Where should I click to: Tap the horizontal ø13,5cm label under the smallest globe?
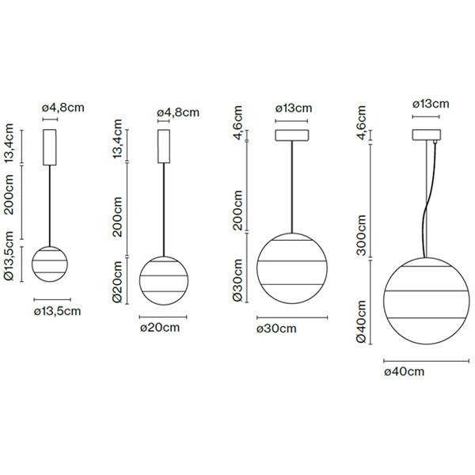pos(59,311)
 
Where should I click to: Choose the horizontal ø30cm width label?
pos(278,328)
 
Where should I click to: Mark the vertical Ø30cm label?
pos(237,281)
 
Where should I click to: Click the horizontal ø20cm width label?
pos(161,326)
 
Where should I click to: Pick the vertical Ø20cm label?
pos(117,283)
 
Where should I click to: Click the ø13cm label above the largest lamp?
pos(431,104)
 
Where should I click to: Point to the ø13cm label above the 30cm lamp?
pos(294,108)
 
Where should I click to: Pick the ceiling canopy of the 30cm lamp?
pos(292,135)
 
